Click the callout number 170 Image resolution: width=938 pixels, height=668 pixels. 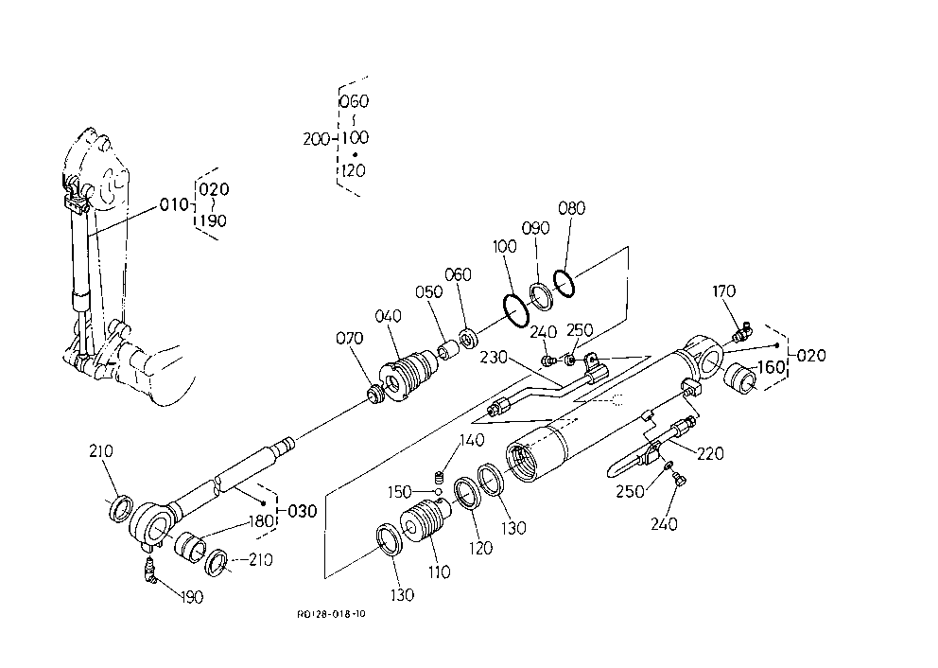coord(724,291)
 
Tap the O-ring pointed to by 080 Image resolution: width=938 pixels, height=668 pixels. coord(564,283)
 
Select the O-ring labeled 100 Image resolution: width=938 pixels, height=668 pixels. coord(515,310)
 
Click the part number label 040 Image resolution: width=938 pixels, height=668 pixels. coord(388,316)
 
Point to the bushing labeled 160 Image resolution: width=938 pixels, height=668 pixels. coord(740,378)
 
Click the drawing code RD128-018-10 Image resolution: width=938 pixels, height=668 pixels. coord(331,614)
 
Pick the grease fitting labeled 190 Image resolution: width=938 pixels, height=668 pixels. coord(148,569)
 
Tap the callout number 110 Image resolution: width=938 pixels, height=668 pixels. coord(440,572)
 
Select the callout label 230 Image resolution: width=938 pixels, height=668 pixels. coord(494,358)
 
